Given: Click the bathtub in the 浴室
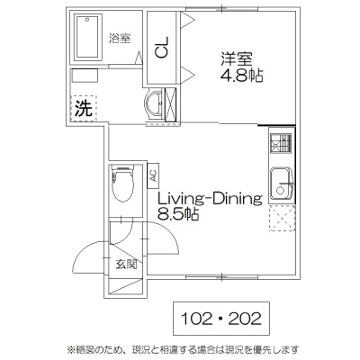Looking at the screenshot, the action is [x=87, y=37].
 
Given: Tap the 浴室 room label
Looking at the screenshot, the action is [x=120, y=39].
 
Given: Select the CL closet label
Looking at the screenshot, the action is [x=162, y=47].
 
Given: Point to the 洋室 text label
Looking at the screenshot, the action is [x=237, y=59].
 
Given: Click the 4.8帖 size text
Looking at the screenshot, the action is [x=242, y=76].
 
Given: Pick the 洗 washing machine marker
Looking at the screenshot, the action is [x=84, y=108].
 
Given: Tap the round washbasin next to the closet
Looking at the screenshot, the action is [x=154, y=103].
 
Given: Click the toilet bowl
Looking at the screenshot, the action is [x=122, y=184].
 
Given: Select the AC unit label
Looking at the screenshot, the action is [x=153, y=175].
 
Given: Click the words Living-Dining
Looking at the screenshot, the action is [x=211, y=200].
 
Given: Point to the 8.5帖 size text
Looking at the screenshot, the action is [x=178, y=214].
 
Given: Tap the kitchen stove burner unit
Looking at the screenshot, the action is [x=281, y=143].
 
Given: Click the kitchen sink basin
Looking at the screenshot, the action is [x=282, y=184].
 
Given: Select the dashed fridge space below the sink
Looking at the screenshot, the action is [x=282, y=218].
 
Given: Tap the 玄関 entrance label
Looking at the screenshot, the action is [x=126, y=265].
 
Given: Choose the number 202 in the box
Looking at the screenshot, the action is [x=245, y=319].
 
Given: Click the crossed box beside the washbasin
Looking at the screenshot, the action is [x=170, y=104].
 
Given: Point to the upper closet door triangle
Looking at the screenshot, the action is [x=188, y=21].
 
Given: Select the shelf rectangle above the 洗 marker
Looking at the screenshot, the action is [x=85, y=76].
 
